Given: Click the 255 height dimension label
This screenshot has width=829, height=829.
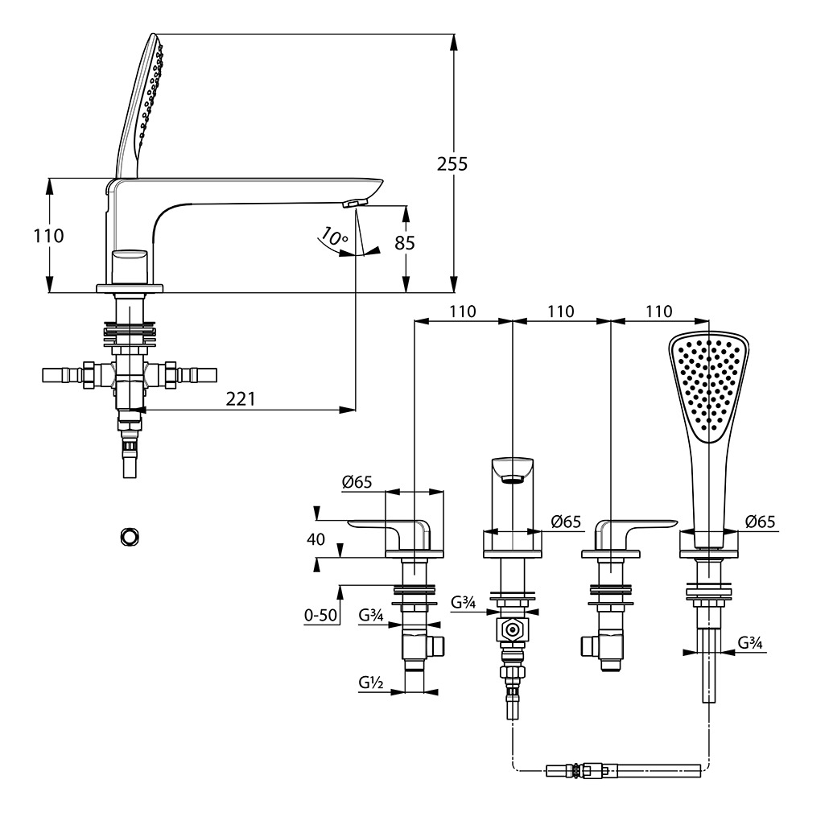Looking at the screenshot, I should click(x=452, y=163).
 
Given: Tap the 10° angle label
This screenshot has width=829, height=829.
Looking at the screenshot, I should click(x=333, y=237).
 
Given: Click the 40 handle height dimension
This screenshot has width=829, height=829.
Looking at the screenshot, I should click(x=316, y=539).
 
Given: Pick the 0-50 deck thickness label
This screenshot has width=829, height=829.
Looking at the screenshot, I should click(x=320, y=616).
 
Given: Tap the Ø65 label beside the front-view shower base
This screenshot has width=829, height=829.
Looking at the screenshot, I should click(x=760, y=522).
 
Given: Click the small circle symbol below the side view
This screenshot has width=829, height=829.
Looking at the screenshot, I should click(x=129, y=534).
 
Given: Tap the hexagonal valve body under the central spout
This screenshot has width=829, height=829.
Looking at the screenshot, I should click(x=512, y=630).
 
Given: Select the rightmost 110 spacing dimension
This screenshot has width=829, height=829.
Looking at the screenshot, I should click(x=659, y=311).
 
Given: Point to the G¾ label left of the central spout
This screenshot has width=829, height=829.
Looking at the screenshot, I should click(x=463, y=601).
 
